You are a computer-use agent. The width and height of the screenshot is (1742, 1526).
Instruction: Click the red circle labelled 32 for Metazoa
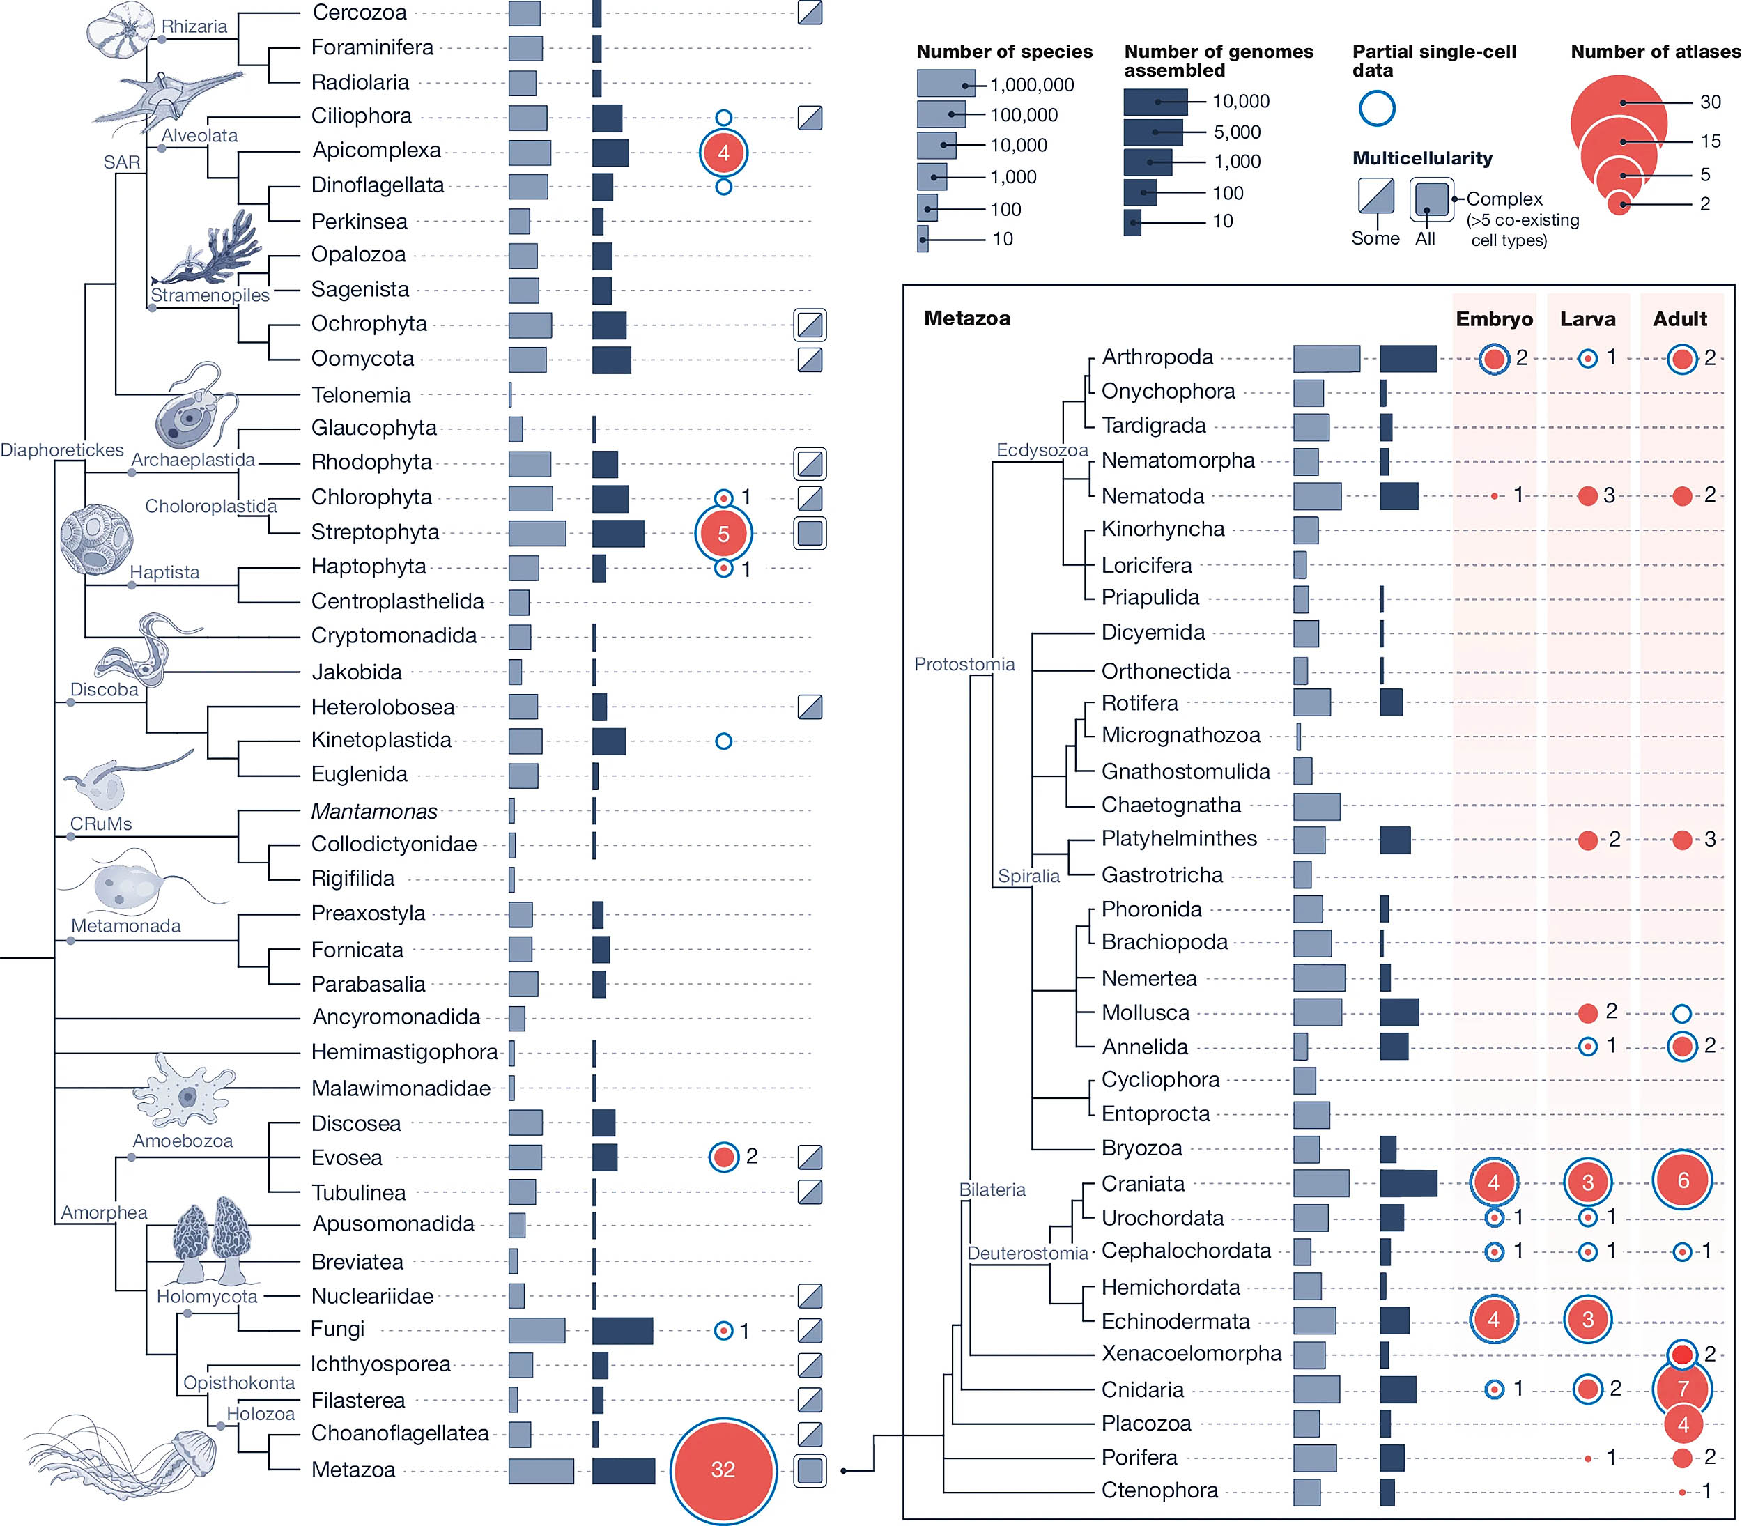(723, 1469)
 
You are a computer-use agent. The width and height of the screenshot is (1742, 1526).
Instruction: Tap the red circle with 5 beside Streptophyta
(723, 534)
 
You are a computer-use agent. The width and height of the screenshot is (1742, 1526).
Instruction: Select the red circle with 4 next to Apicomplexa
(723, 153)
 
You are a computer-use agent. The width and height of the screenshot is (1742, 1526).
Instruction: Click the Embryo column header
(1494, 319)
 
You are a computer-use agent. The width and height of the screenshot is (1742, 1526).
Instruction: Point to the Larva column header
(1587, 319)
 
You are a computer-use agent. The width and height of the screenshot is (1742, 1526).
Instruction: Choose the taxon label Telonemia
(361, 395)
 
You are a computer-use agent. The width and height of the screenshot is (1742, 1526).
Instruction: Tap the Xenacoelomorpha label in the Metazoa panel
(1191, 1354)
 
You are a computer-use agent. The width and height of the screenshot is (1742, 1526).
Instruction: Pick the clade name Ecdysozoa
(1042, 449)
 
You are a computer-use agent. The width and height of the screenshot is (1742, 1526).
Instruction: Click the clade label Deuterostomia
(1028, 1254)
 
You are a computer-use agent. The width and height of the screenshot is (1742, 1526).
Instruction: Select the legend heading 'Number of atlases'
(1655, 52)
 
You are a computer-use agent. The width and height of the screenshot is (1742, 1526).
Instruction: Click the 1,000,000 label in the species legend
(1032, 85)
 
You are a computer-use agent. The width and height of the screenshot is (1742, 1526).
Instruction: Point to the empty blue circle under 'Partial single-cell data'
(1377, 108)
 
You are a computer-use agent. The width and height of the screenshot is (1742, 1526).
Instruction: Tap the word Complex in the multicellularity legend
(1504, 199)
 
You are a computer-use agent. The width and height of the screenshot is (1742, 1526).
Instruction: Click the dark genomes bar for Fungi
(622, 1330)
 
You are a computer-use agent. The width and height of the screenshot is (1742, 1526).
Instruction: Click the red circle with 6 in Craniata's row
(1682, 1181)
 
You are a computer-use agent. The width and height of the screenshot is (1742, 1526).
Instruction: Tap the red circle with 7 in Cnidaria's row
(1682, 1389)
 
